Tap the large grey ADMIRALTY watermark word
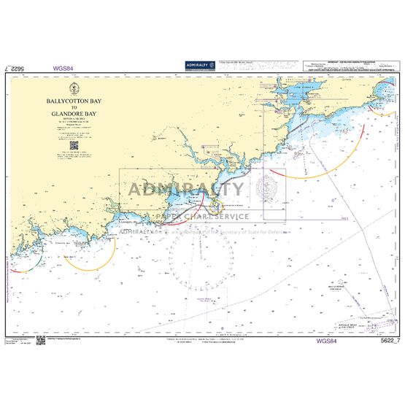pyautogui.click(x=187, y=190)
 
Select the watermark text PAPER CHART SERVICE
pyautogui.click(x=198, y=217)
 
